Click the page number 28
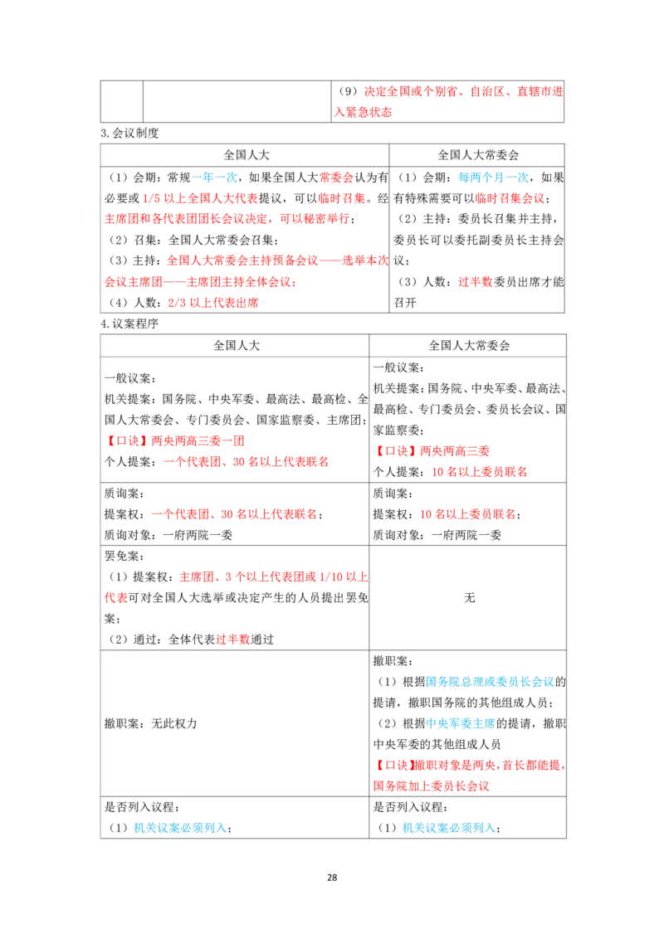pyautogui.click(x=332, y=878)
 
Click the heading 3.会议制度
pyautogui.click(x=129, y=133)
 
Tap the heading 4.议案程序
pyautogui.click(x=129, y=324)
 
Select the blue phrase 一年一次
pyautogui.click(x=214, y=178)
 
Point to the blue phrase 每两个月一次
pyautogui.click(x=493, y=178)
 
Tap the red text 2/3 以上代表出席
pyautogui.click(x=213, y=303)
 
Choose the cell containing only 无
pyautogui.click(x=468, y=597)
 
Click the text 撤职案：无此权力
pyautogui.click(x=150, y=723)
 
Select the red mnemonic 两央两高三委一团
pyautogui.click(x=198, y=440)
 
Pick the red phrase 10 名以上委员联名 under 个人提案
pyautogui.click(x=480, y=472)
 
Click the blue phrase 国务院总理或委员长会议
pyautogui.click(x=491, y=682)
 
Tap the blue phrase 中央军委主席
pyautogui.click(x=461, y=723)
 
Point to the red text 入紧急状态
pyautogui.click(x=364, y=112)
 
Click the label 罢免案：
pyautogui.click(x=124, y=556)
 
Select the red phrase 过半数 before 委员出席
pyautogui.click(x=476, y=281)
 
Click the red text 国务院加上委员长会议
pyautogui.click(x=432, y=786)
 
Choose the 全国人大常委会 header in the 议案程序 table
pyautogui.click(x=469, y=346)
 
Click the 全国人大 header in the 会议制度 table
pyautogui.click(x=247, y=155)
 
